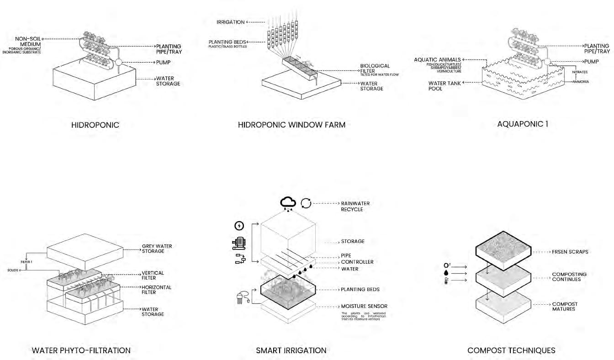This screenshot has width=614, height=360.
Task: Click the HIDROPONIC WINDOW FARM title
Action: [291, 124]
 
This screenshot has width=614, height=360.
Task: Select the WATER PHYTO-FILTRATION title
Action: [81, 350]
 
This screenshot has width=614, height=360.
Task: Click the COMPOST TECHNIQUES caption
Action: [511, 350]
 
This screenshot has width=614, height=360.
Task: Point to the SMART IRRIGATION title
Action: [291, 350]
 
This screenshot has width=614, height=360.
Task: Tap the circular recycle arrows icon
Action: [306, 203]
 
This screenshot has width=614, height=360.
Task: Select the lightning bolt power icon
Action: [239, 226]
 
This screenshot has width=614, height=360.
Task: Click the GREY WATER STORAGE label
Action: [157, 249]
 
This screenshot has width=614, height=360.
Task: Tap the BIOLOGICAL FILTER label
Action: [375, 69]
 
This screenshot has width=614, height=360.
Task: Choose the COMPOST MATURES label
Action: [565, 307]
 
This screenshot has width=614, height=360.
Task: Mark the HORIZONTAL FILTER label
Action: [156, 290]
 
